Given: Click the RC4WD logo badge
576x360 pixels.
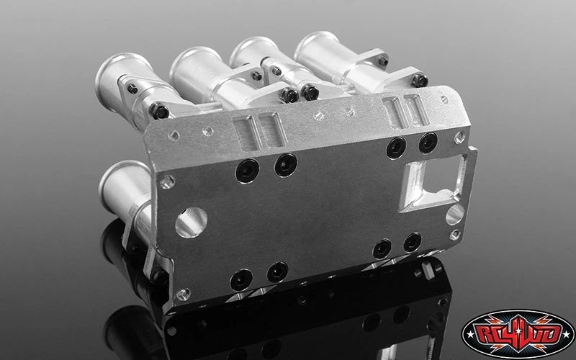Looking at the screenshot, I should [x=518, y=333].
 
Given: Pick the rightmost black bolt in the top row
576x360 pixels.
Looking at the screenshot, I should [x=428, y=143].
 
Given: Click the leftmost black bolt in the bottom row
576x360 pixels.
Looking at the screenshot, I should [x=240, y=279].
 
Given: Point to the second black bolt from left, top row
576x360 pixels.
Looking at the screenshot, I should [x=285, y=164].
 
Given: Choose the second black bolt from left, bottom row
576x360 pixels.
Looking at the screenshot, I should [x=277, y=272].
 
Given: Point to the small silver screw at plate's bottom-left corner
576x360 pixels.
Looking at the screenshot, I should [x=183, y=294].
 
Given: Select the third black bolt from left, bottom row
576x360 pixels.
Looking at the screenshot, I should [x=382, y=248].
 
